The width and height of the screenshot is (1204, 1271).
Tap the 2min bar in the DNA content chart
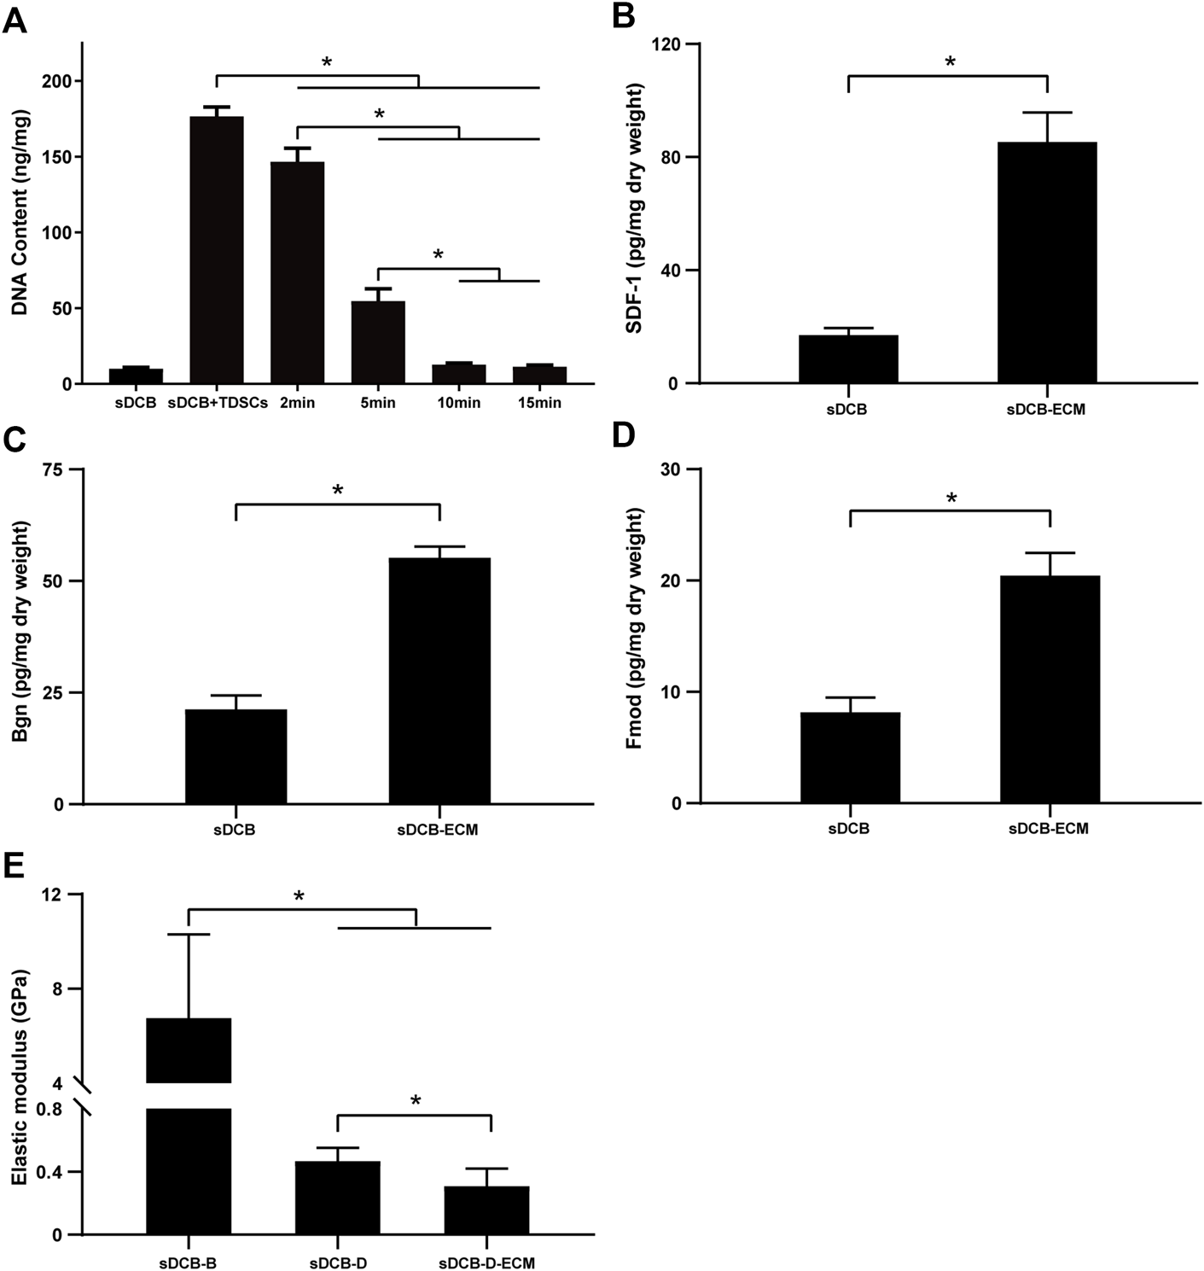(297, 272)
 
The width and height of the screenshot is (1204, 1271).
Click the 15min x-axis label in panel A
(539, 402)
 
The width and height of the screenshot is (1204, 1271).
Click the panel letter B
(619, 16)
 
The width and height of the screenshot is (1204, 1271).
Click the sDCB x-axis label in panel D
(848, 828)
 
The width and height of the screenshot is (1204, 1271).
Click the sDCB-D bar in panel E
(338, 1198)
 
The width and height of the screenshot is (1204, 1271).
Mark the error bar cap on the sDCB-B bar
(188, 935)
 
